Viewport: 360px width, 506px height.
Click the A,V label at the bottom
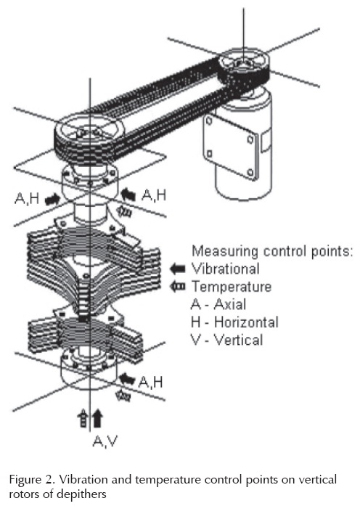(x=105, y=441)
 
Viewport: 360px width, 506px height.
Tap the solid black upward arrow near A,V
(x=97, y=418)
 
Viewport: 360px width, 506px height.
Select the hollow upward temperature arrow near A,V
(x=83, y=418)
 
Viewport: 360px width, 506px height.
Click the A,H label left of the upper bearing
(x=27, y=198)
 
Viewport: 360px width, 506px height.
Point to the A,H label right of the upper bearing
(x=154, y=195)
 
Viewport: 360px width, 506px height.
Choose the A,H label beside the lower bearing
(x=151, y=382)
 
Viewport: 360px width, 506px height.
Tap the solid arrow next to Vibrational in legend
(x=178, y=269)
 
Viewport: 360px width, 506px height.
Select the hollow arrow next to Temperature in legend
(x=178, y=287)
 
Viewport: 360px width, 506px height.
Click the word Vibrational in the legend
(x=226, y=269)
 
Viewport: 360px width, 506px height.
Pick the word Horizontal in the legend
(x=246, y=322)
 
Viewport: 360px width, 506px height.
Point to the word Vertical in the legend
(x=239, y=340)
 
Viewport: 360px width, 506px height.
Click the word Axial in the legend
(x=230, y=304)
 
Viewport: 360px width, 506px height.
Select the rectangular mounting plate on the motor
(x=229, y=144)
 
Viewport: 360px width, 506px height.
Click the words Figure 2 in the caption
(x=29, y=480)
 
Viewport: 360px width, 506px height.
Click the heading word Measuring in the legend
(x=225, y=251)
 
